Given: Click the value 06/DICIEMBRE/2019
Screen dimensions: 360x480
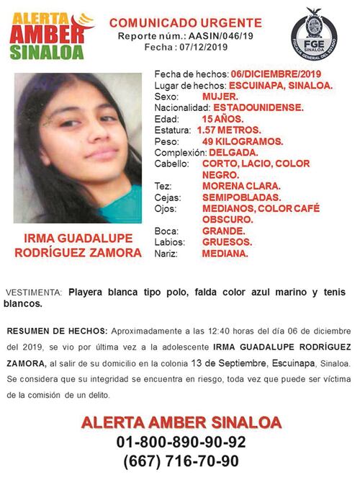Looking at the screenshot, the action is point(276,74).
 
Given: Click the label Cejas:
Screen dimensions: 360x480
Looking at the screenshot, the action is point(167,197).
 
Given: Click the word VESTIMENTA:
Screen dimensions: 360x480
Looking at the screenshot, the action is point(34,293).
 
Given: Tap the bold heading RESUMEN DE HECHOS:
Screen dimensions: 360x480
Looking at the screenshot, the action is point(56,331).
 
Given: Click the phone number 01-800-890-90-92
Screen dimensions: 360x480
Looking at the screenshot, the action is point(181,442).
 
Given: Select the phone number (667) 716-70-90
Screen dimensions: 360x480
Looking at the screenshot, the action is point(181,461).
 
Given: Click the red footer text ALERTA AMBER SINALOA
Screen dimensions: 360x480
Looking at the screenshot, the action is point(181,422).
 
